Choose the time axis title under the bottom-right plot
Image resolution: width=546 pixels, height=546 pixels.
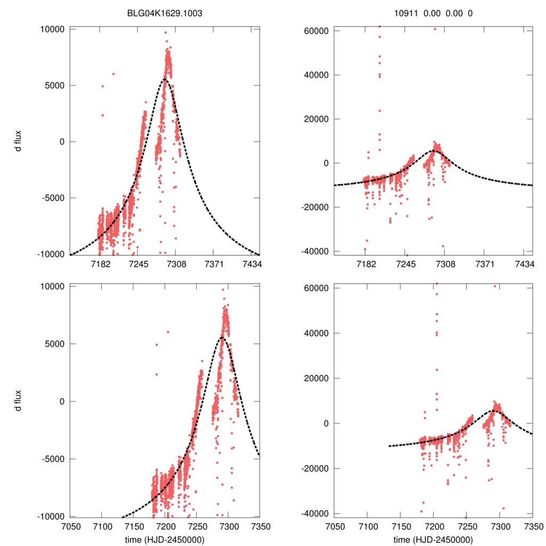coord(432,540)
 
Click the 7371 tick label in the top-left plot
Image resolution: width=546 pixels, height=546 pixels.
coord(213,265)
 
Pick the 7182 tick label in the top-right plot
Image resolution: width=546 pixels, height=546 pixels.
coord(366,265)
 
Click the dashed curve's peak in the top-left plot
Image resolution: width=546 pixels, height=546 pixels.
coord(165,79)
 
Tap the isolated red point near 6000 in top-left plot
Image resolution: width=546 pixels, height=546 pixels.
coord(114,74)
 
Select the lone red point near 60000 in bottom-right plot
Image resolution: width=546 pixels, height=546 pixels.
coord(495,286)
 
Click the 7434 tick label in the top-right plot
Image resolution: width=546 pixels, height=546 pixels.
coord(525,265)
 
